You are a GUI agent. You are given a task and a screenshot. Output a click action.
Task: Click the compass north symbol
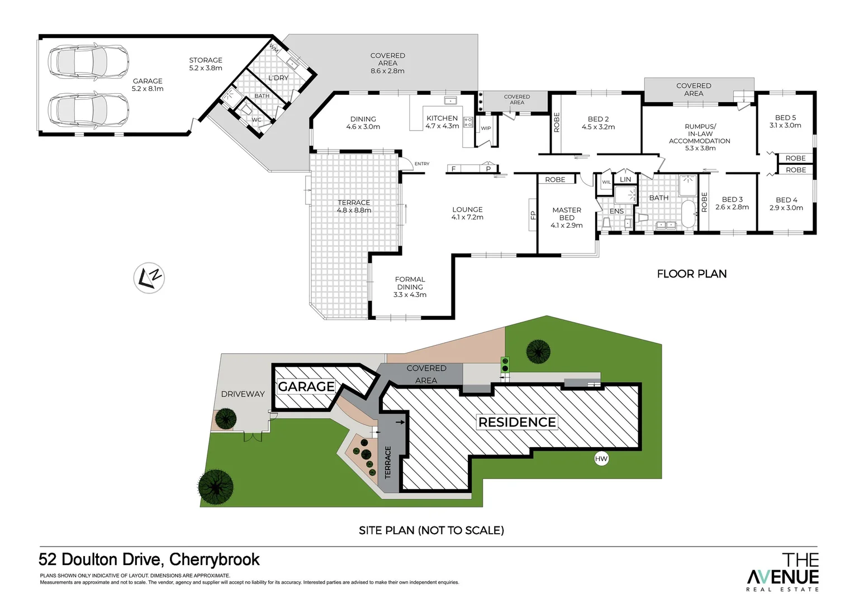pos(149,277)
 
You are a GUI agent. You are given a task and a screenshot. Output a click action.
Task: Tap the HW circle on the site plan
pos(601,459)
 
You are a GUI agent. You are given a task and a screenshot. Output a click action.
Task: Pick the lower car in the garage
pos(88,109)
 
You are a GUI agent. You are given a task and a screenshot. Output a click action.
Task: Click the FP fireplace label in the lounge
pos(533,214)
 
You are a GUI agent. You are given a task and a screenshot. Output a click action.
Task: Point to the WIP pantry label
pos(486,128)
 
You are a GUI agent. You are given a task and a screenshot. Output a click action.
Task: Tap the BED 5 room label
pos(785,118)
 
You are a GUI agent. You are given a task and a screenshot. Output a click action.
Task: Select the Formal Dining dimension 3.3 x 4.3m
pos(410,295)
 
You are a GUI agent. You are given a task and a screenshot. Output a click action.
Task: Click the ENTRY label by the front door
pos(422,164)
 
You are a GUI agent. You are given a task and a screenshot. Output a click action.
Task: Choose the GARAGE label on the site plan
pos(306,386)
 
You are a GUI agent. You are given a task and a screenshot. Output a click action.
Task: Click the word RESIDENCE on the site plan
pos(517,422)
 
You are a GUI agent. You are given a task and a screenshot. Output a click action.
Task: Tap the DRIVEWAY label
pos(243,394)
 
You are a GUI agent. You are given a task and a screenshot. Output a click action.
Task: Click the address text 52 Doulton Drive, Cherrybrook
pos(149,559)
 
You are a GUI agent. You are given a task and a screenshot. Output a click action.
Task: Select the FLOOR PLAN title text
pos(691,274)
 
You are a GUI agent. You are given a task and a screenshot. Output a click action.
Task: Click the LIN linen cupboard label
pos(625,179)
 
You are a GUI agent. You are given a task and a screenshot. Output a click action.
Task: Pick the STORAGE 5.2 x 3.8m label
pos(206,64)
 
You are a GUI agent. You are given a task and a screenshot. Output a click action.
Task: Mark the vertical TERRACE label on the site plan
pos(388,462)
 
